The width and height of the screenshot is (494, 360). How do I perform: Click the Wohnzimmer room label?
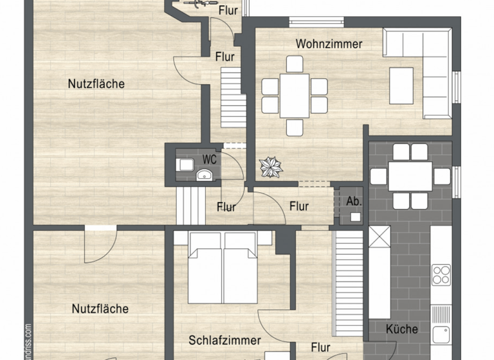329,44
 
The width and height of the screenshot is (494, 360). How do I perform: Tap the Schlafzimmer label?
224,340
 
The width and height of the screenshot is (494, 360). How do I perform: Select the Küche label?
402,329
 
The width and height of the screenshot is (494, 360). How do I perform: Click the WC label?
210,159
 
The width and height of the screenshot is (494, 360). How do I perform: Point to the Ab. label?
354,201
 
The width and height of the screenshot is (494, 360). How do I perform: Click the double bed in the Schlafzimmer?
223,267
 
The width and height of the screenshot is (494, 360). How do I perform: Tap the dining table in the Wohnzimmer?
295,95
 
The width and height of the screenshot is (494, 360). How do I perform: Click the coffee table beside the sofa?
401,85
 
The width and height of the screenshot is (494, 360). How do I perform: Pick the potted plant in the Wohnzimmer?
270,166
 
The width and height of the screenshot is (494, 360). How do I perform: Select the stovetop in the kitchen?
441,274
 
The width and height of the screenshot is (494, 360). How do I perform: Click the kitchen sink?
441,334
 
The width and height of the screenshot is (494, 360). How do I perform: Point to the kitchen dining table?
410,175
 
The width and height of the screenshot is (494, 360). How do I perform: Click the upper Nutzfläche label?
96,84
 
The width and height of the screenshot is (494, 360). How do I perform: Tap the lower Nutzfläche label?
100,309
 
